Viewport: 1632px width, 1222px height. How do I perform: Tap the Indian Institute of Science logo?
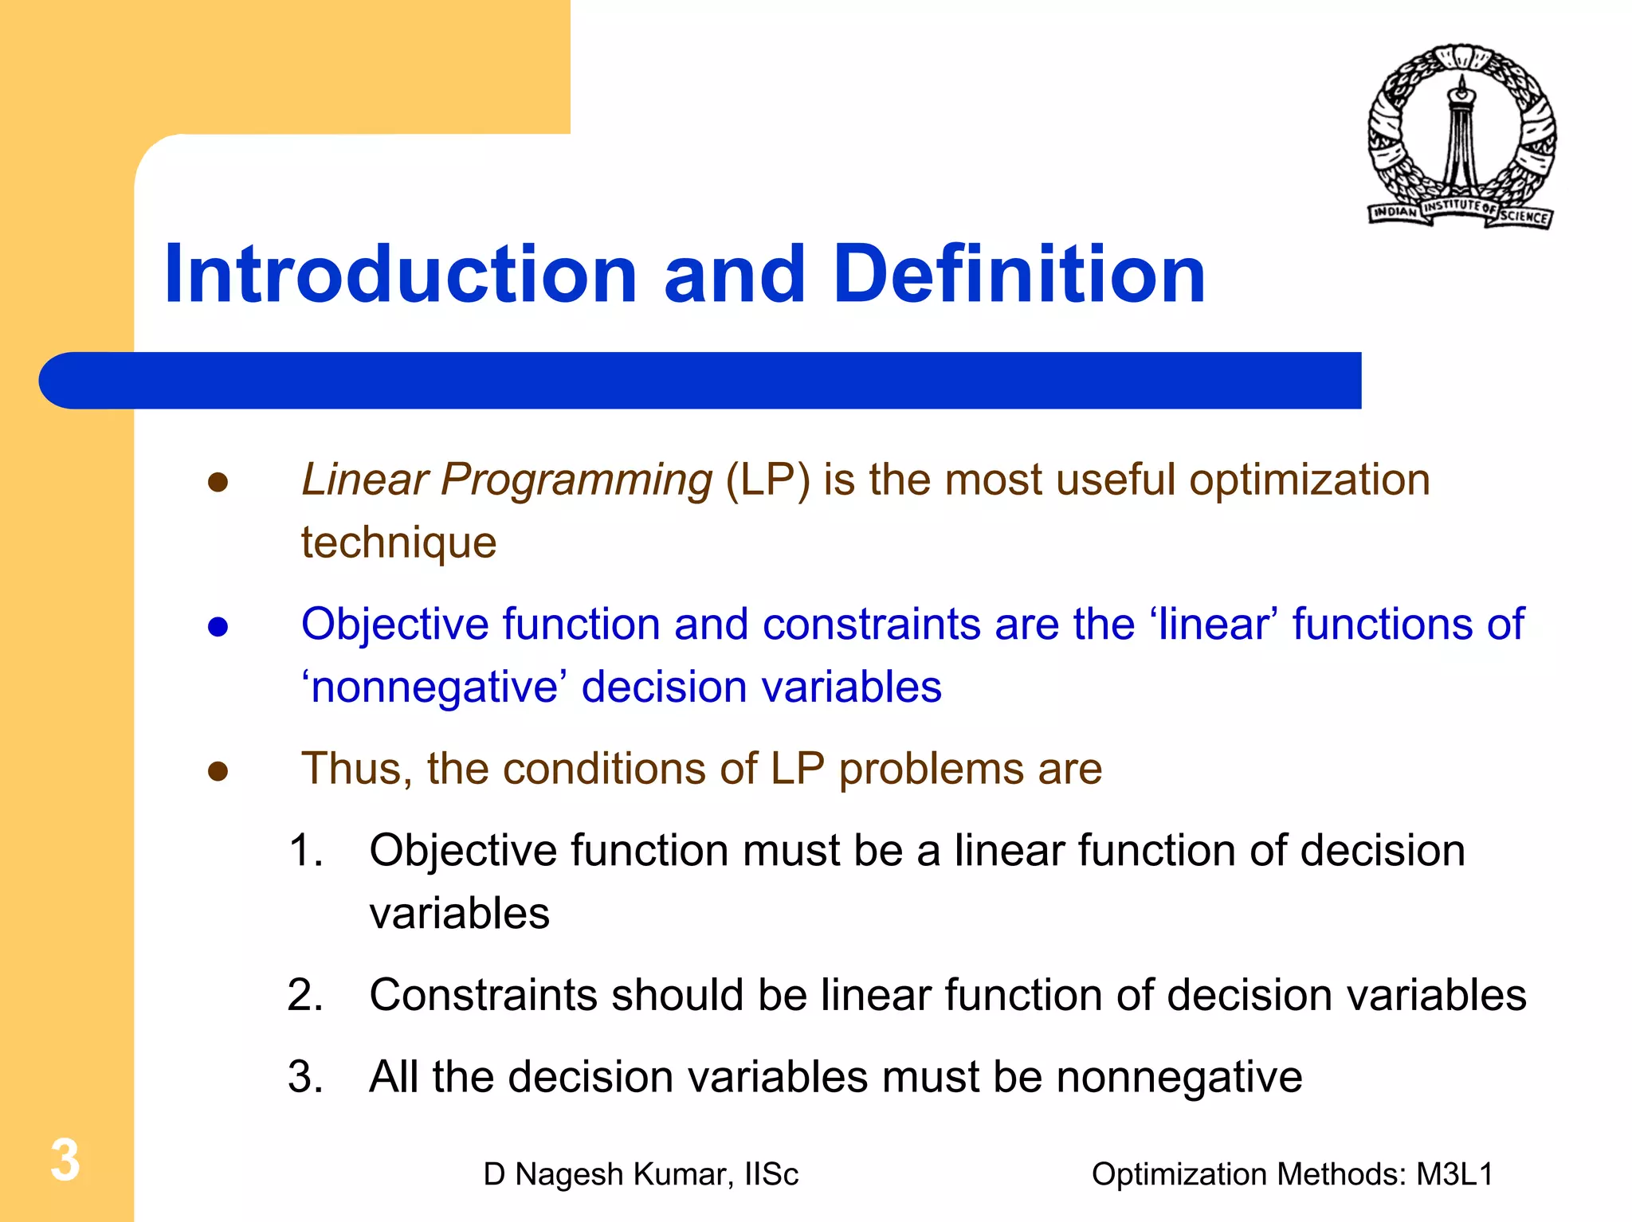click(1461, 136)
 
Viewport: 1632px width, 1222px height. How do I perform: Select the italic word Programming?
click(576, 480)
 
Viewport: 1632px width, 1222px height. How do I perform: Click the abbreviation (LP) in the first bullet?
click(767, 480)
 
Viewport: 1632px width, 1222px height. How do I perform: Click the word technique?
click(398, 543)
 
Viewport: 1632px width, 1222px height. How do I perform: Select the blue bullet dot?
click(218, 627)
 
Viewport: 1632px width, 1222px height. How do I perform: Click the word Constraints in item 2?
click(483, 996)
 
